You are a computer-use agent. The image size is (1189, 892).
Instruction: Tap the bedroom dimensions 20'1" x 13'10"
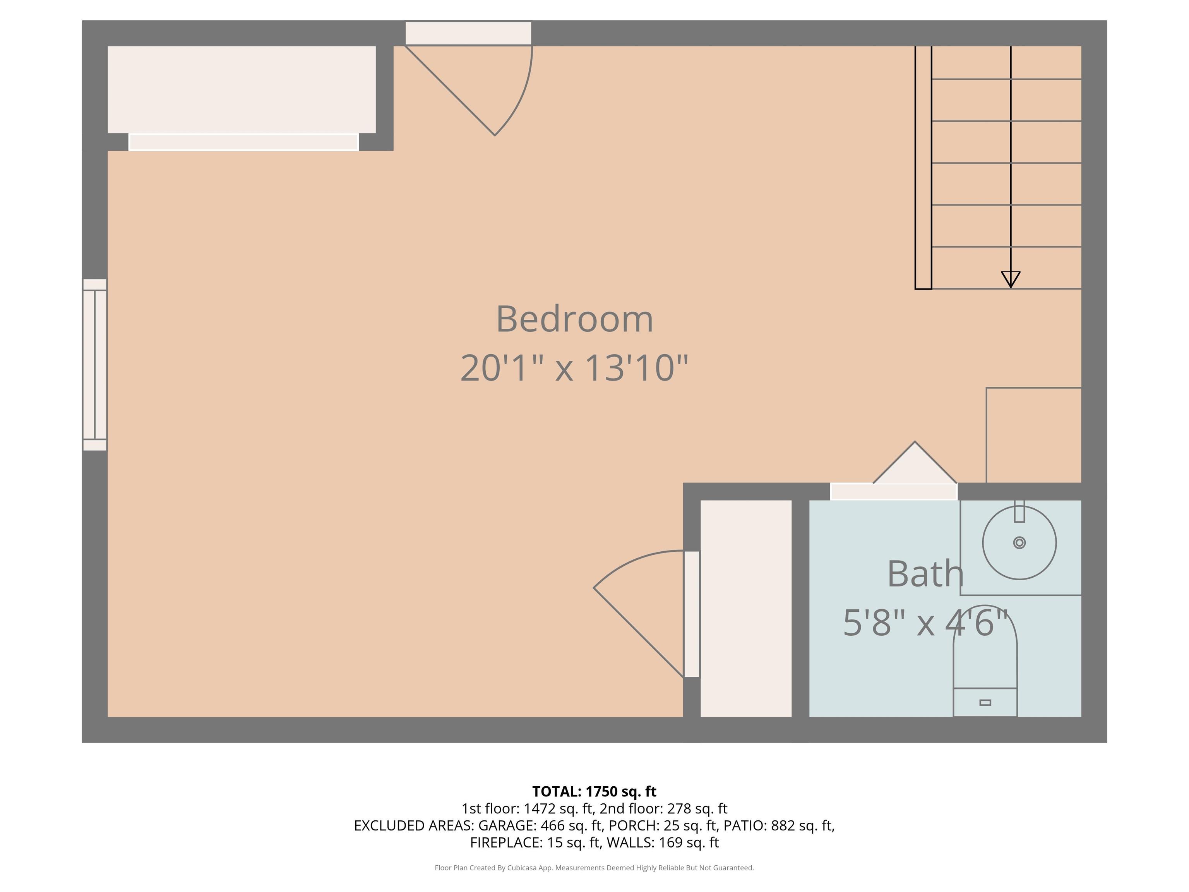click(x=574, y=368)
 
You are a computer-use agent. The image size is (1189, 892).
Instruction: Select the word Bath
click(x=925, y=574)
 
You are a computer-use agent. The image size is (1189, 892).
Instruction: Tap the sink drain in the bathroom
click(x=1019, y=542)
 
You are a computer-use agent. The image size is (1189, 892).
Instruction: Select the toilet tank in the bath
click(x=985, y=702)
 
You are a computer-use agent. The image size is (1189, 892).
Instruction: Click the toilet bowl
click(x=985, y=652)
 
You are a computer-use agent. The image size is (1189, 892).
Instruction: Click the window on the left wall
click(x=94, y=365)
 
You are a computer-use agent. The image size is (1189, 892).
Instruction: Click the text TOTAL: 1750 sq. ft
click(x=594, y=791)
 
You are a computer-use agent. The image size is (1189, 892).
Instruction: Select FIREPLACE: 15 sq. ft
click(x=535, y=842)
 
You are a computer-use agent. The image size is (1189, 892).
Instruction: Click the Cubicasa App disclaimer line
click(x=594, y=868)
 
